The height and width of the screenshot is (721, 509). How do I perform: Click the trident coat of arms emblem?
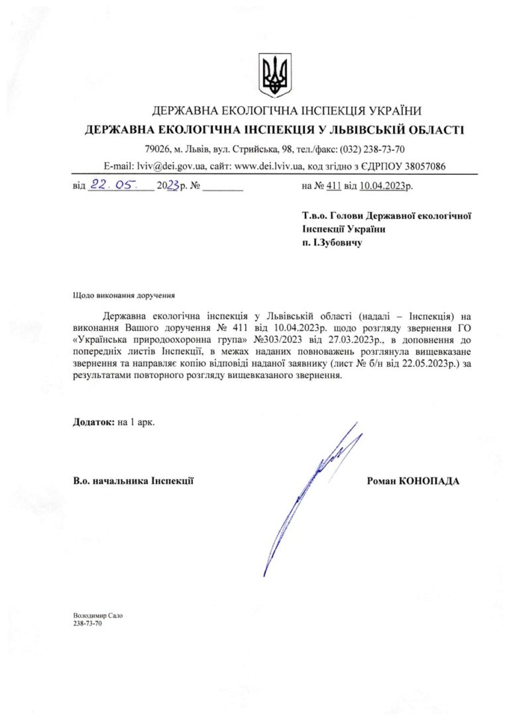274,75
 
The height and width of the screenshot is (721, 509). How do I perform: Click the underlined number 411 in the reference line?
333,187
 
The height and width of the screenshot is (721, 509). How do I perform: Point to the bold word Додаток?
94,422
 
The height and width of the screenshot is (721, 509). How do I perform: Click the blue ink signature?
311,490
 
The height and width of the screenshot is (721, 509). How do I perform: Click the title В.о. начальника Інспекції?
133,481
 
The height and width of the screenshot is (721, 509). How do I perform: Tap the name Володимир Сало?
97,615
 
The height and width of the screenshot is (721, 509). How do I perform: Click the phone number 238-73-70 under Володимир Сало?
87,624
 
